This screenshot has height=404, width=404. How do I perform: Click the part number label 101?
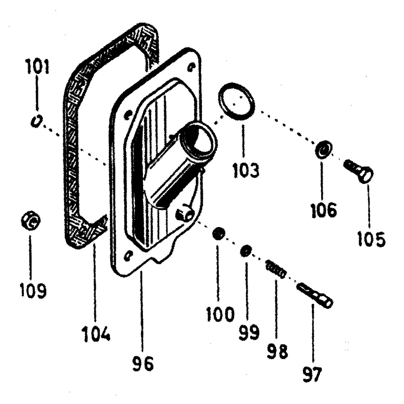pyautogui.click(x=37, y=67)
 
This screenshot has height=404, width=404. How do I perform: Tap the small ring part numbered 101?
pyautogui.click(x=36, y=120)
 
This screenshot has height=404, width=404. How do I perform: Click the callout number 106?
pyautogui.click(x=326, y=210)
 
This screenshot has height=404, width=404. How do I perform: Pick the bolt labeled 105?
pyautogui.click(x=359, y=171)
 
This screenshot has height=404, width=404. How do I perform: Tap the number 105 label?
pyautogui.click(x=371, y=239)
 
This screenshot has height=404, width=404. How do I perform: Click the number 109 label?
pyautogui.click(x=33, y=290)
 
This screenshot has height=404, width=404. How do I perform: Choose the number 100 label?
pyautogui.click(x=220, y=314)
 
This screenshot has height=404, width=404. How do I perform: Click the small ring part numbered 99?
pyautogui.click(x=245, y=252)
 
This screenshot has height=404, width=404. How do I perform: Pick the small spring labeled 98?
pyautogui.click(x=276, y=269)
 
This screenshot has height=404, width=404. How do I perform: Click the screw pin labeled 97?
pyautogui.click(x=315, y=295)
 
